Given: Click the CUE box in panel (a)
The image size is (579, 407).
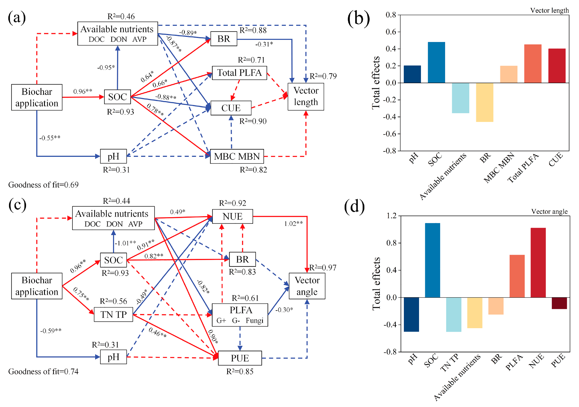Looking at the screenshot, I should (231, 108).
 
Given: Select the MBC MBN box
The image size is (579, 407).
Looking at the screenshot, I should (237, 156).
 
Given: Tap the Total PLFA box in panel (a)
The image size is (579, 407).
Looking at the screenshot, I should (239, 73).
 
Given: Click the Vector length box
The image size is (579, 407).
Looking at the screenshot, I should (306, 97).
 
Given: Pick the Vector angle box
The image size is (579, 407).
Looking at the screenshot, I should (307, 286).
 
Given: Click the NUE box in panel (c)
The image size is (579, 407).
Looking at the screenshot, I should (232, 216).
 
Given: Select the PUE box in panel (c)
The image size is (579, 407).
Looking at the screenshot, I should (240, 358).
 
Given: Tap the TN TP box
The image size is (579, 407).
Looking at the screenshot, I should (114, 314).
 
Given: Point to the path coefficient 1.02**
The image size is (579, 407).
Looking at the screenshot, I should (293, 224).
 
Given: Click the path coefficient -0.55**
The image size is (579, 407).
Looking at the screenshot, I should (50, 138).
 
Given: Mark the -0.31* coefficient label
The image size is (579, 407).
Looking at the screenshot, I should (264, 44).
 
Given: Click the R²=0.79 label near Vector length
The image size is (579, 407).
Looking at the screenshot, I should (323, 76).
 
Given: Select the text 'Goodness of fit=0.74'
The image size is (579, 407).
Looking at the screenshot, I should (43, 371).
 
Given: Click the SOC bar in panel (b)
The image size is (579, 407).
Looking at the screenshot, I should (436, 62).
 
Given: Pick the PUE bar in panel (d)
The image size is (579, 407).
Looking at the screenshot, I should (559, 303).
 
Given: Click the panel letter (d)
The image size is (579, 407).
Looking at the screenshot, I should (354, 207).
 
